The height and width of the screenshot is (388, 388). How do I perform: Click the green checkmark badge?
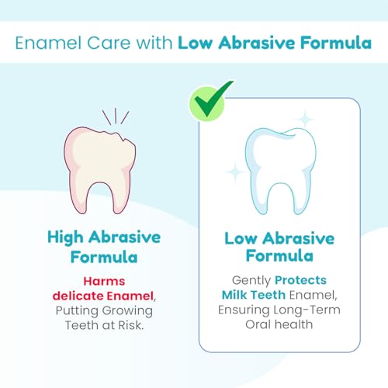208,103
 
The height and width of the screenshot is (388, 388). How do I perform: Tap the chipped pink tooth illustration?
99,169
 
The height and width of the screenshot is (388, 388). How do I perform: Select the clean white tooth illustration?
281,171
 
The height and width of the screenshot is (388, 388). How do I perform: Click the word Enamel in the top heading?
48,43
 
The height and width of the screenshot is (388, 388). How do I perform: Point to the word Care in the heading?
109,43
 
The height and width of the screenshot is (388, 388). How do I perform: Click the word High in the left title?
65,237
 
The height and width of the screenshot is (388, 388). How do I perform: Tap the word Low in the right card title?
241,238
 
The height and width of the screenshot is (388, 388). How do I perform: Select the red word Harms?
104,281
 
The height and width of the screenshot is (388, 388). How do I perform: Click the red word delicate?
78,296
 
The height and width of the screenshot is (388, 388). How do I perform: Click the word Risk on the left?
130,325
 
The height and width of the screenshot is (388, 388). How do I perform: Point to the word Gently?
251,281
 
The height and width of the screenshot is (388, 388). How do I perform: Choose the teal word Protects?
300,280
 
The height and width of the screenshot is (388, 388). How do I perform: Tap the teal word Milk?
234,295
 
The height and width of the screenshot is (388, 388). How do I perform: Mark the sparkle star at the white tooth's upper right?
305,120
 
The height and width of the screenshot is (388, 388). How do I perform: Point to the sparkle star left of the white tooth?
235,171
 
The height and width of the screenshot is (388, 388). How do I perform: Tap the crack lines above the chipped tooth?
116,116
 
